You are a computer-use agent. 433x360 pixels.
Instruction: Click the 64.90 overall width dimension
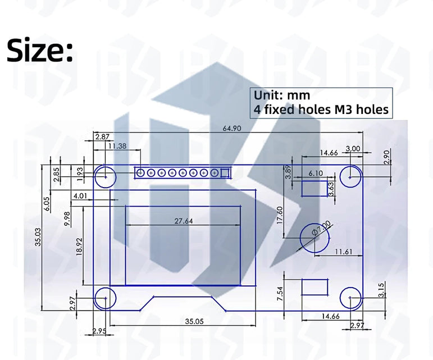[232, 129]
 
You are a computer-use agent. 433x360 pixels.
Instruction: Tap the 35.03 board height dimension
[38, 237]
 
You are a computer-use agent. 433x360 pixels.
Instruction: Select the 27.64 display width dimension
[184, 221]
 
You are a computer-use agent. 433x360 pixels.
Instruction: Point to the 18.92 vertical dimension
[79, 247]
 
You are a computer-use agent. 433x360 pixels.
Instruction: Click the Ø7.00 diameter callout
[321, 228]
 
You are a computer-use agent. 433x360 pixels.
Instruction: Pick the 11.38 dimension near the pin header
[117, 146]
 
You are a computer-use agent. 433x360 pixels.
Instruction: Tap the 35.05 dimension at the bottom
[194, 321]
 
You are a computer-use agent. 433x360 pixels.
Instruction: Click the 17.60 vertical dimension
[280, 215]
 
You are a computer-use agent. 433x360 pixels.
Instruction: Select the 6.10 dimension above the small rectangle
[316, 174]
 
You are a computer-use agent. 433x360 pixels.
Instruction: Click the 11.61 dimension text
[344, 252]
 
